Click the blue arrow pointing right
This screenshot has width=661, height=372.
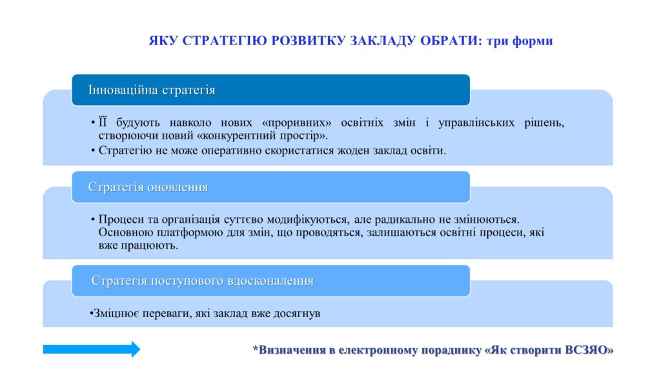pos(92,349)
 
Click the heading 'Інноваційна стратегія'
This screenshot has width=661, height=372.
pos(152,90)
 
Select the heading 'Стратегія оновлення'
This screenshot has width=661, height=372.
pos(148,187)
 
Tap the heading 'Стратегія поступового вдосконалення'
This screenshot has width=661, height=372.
pos(202,280)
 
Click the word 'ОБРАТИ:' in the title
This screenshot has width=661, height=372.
pos(451,41)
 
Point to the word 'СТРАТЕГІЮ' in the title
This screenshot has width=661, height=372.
pos(225,41)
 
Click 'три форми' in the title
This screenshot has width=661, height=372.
pos(520,41)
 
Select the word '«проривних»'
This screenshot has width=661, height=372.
pos(296,123)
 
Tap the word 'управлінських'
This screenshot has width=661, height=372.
pos(476,123)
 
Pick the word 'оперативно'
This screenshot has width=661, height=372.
pos(231,150)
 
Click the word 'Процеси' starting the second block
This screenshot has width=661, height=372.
pos(121,220)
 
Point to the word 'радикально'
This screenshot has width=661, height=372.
pos(405,220)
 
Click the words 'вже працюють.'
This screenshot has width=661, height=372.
pos(138,245)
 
